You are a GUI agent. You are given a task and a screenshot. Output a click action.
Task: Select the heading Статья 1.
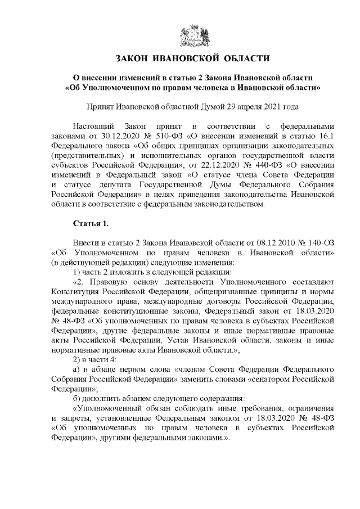pos(91,224)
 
